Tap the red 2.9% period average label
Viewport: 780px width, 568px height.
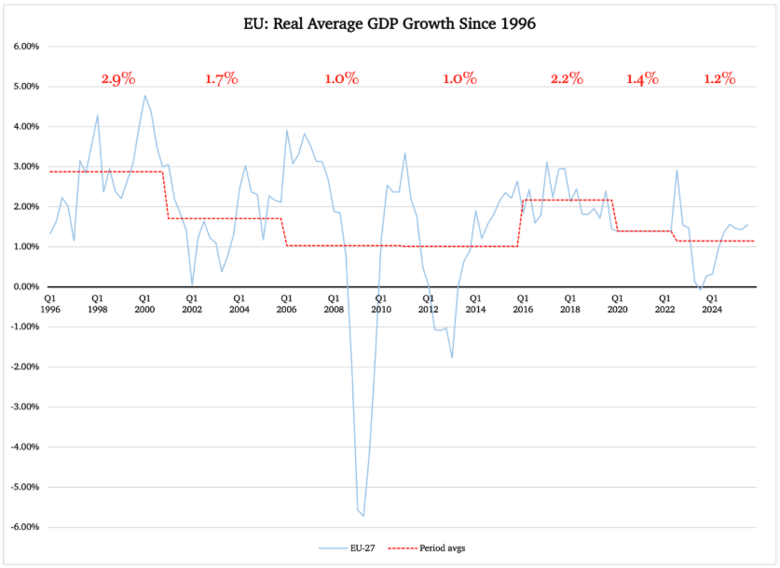tap(117, 79)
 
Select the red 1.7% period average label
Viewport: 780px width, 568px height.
tap(222, 79)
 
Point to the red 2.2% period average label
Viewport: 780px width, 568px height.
tap(567, 79)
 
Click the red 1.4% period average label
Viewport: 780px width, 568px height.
tap(642, 79)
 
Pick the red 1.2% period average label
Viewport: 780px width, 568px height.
tap(719, 79)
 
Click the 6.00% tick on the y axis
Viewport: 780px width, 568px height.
tap(24, 47)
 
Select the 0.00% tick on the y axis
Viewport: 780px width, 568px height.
tap(24, 287)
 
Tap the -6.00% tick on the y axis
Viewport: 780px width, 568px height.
tap(22, 527)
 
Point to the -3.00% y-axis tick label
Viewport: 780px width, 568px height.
tap(22, 407)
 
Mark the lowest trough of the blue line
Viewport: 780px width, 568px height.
tap(363, 515)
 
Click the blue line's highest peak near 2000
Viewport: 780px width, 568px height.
tap(144, 95)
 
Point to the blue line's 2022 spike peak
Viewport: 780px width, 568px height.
tap(677, 170)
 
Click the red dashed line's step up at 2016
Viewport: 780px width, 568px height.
tap(522, 223)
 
